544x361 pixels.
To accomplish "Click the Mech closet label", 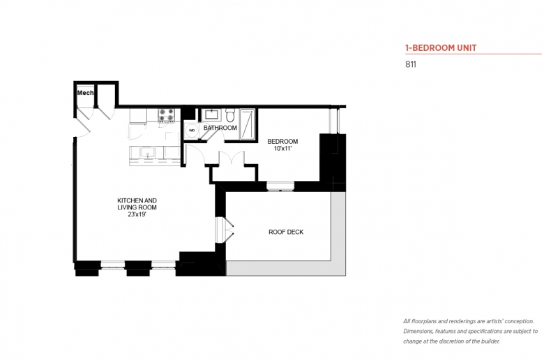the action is pos(85,93).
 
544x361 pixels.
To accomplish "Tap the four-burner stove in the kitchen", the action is pos(166,115).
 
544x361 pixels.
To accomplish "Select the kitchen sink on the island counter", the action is pos(148,152).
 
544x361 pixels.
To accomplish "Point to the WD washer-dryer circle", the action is pos(192,131).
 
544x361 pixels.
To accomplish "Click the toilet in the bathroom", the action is pos(230,115).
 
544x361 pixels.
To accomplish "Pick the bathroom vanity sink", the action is pos(211,115).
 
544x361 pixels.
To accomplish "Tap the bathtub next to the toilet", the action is pos(248,124).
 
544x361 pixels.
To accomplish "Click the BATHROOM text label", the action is pos(220,128).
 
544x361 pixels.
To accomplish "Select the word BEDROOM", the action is pos(282,142).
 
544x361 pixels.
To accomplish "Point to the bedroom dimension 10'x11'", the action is pos(282,148).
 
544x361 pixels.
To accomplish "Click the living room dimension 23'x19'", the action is pos(137,214).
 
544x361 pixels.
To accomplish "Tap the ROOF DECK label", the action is pos(286,232).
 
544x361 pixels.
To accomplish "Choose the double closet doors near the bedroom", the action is pos(232,159).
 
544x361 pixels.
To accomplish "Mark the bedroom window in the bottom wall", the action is pos(280,186).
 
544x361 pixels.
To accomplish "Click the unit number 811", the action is pos(410,64).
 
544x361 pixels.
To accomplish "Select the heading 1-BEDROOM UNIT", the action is pos(441,48).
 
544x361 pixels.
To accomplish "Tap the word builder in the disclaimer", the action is pos(490,341).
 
